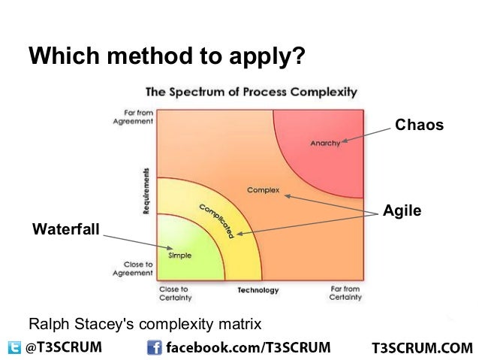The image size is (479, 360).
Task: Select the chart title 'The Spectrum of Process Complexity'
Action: pos(251,92)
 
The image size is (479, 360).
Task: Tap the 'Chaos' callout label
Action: pos(419,125)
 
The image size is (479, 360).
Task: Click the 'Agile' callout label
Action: pos(402,211)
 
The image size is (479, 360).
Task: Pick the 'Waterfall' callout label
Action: pos(65,228)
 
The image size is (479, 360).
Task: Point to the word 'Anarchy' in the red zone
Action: pos(324,143)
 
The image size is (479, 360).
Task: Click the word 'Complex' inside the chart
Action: pos(263,189)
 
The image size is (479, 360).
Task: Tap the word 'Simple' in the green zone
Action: pos(179,255)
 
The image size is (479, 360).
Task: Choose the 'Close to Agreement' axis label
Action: pos(134,269)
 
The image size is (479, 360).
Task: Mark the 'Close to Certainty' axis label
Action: pos(174,293)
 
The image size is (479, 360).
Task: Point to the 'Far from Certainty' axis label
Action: pos(345,293)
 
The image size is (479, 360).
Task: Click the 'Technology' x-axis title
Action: pos(258,290)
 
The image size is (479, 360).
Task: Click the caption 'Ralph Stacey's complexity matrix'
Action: pos(145,325)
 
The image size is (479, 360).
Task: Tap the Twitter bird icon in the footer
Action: pos(14,347)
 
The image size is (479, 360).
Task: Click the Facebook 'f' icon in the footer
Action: pos(154,347)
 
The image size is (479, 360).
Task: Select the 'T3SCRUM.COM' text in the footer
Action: pos(422,348)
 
